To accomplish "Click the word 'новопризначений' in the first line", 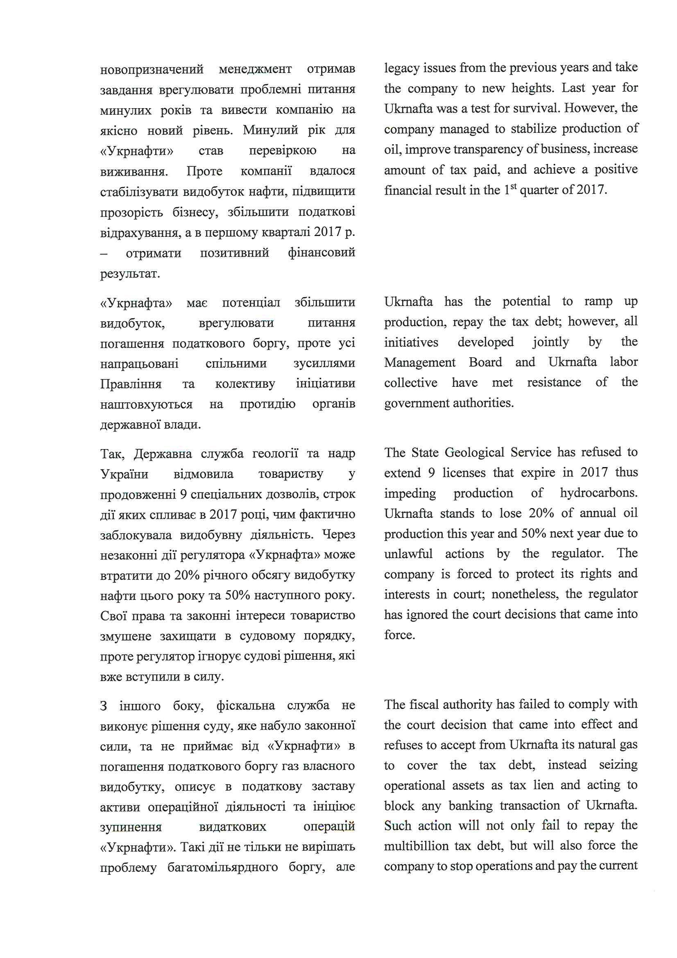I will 152,69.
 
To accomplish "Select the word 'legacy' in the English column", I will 402,68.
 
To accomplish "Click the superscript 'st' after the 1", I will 514,186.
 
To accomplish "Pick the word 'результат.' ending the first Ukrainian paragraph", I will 130,274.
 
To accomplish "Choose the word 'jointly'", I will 550,342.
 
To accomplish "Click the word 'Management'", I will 420,363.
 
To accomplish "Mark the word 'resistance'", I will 554,383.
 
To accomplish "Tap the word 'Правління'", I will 131,384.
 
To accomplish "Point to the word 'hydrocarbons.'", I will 599,493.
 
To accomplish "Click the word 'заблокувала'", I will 136,534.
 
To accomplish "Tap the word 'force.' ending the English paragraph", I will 400,635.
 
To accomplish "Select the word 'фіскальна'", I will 246,706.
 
